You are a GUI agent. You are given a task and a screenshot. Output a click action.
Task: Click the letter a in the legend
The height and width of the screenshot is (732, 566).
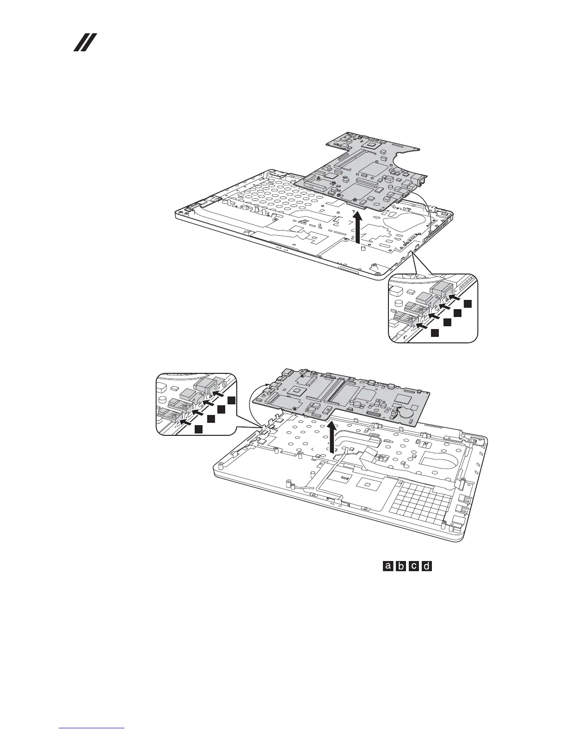(x=388, y=566)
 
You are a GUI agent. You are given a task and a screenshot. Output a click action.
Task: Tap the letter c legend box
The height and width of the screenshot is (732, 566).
(x=414, y=566)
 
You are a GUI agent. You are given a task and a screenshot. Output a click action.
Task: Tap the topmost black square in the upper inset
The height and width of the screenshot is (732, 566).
(x=468, y=304)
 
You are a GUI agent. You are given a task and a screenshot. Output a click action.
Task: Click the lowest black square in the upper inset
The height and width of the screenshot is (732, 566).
(x=434, y=333)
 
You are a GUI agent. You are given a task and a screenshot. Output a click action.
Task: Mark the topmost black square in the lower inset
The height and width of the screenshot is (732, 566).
(x=232, y=400)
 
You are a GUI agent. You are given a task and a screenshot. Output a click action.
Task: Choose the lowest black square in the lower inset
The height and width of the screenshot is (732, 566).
(x=198, y=429)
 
